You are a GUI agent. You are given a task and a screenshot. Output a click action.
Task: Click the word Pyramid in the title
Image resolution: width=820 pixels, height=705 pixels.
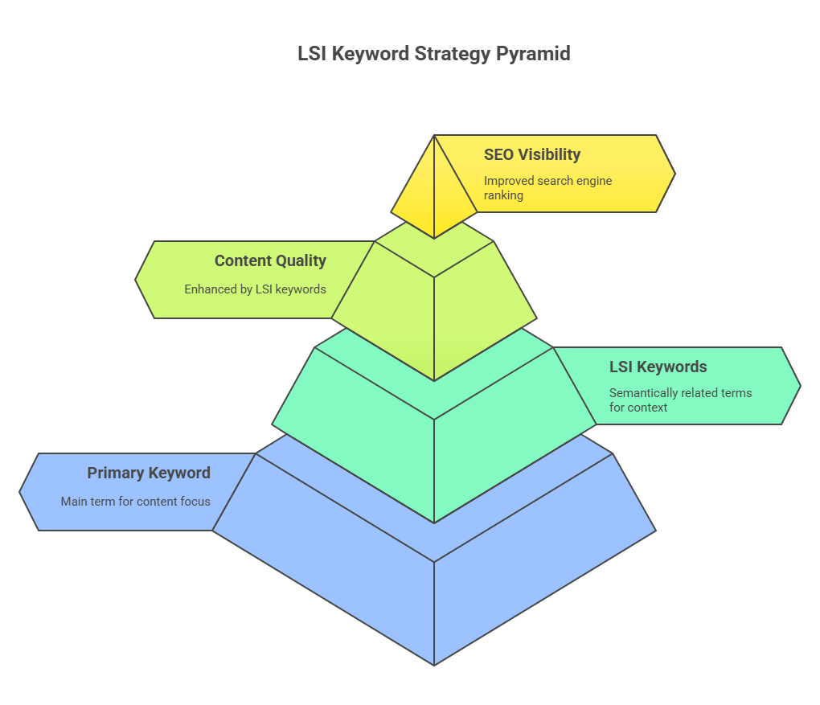click(x=533, y=54)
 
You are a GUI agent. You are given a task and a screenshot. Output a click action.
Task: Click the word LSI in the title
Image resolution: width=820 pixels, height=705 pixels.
click(x=312, y=53)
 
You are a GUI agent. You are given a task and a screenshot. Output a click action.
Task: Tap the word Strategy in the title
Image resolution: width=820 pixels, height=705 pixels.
click(x=452, y=54)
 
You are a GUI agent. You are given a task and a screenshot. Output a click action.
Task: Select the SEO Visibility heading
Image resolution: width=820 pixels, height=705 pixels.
click(x=532, y=155)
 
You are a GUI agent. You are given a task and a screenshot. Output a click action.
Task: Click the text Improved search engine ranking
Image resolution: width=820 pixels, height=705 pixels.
click(x=547, y=188)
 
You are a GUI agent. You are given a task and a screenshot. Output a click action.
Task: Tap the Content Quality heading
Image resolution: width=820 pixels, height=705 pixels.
click(x=270, y=260)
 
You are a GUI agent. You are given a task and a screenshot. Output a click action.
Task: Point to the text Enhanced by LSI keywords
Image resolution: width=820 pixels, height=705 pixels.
click(x=255, y=289)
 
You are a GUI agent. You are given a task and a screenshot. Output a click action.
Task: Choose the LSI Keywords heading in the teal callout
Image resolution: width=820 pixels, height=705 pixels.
click(x=658, y=367)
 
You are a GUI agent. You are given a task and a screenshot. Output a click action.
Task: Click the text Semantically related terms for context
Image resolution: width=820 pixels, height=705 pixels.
click(x=680, y=400)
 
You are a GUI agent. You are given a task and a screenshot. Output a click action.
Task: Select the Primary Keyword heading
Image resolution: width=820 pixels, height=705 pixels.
click(x=149, y=473)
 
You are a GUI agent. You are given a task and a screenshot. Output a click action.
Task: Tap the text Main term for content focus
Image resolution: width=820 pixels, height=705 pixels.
click(x=135, y=502)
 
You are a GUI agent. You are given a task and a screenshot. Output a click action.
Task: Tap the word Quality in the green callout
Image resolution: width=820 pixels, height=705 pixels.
click(x=300, y=261)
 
